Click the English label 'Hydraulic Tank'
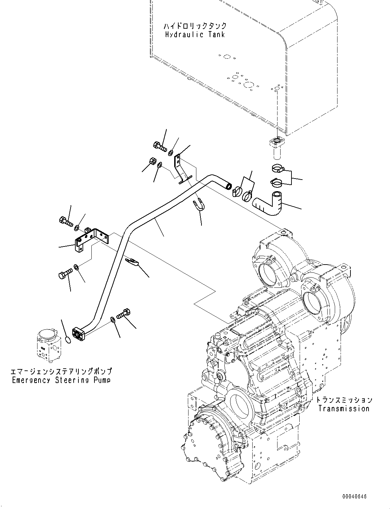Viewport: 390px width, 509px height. pos(195,34)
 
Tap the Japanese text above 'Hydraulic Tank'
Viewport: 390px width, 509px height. pos(195,26)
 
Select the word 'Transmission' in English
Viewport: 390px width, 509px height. pos(344,408)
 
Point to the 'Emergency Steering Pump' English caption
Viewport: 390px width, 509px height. pos(61,380)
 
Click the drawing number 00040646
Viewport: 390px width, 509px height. pos(355,497)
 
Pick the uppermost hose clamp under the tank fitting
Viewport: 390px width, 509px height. pos(278,168)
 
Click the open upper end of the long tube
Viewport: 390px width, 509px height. pos(228,186)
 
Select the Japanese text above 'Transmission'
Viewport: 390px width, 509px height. pos(344,400)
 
